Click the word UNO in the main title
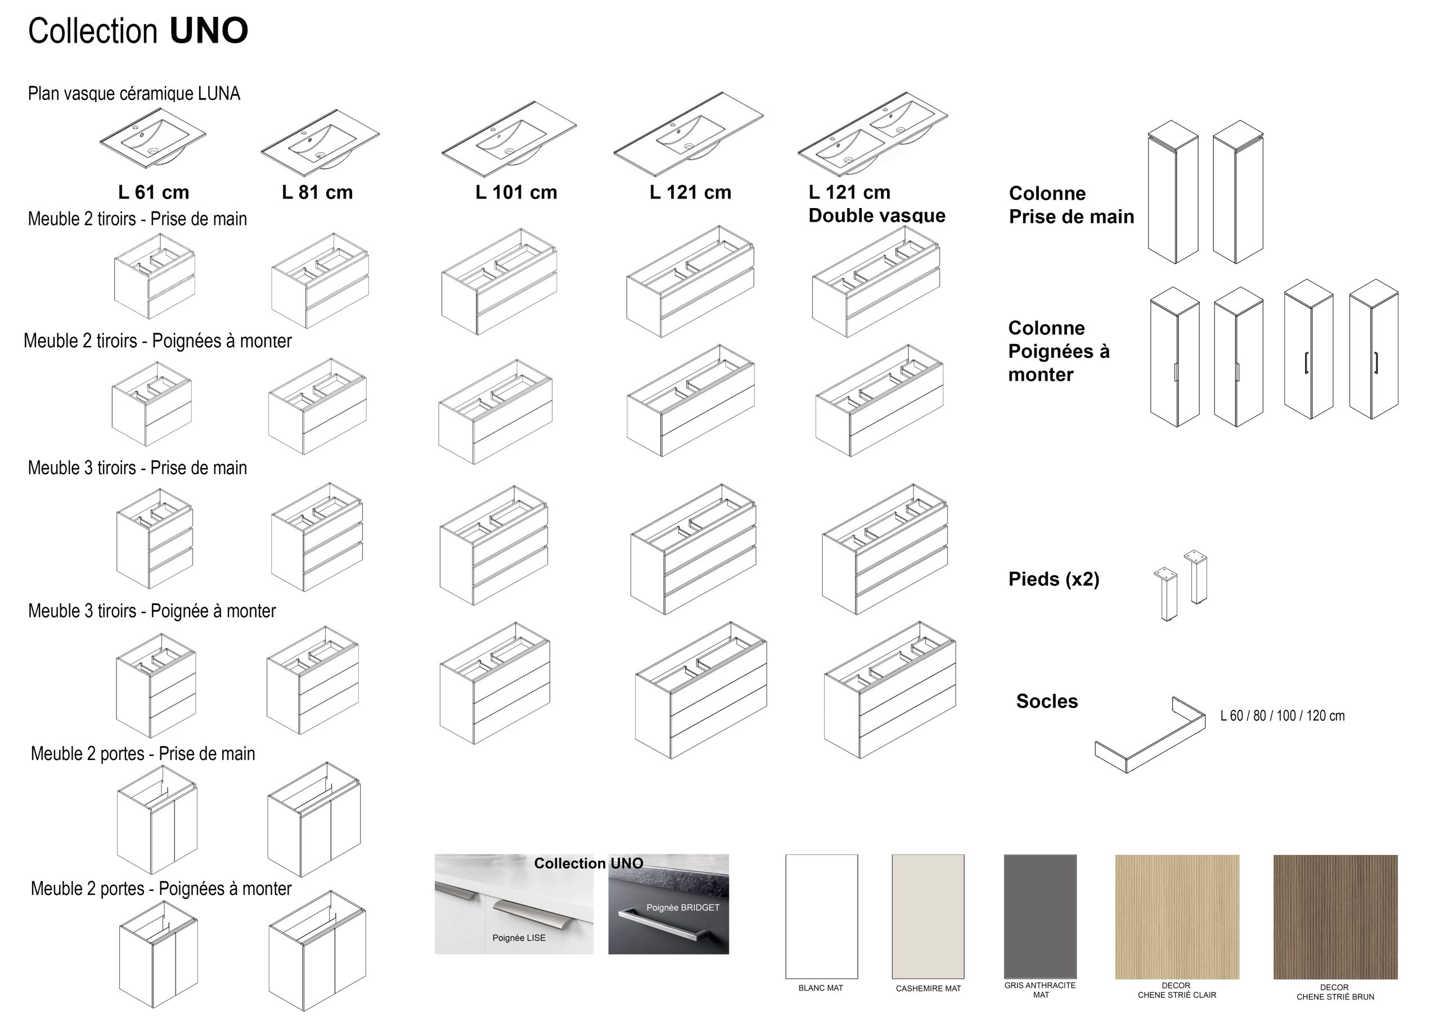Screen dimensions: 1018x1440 (209, 31)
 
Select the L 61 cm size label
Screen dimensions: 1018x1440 (154, 192)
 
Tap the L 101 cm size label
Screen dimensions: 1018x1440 (516, 192)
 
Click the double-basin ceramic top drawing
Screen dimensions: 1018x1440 (872, 134)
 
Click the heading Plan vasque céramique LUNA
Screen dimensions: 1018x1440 (133, 93)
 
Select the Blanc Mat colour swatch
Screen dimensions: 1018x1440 (821, 916)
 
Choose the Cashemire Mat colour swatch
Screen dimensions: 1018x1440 (928, 916)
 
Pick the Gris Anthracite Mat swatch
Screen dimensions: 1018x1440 (1040, 916)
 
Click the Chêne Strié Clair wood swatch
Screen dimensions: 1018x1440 (1177, 916)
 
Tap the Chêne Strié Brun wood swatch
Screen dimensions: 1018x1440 (1335, 916)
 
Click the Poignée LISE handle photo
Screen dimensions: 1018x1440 (514, 904)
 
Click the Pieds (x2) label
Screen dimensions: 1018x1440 (1054, 579)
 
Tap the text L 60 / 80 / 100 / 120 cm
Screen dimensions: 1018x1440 (1282, 715)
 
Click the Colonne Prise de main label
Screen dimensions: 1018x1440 (1070, 205)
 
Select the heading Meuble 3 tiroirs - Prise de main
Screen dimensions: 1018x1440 (137, 468)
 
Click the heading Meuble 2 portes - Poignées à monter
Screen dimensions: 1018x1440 (161, 888)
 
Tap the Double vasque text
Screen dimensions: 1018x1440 (876, 215)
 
